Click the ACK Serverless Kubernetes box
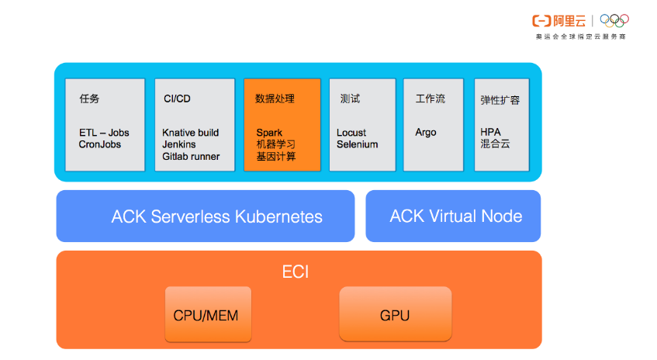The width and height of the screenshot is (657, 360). click(206, 216)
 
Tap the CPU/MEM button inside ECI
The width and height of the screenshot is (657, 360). click(208, 315)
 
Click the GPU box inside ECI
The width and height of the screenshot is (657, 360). click(395, 315)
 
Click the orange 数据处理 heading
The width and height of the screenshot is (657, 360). click(275, 99)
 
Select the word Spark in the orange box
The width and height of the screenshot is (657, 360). click(269, 133)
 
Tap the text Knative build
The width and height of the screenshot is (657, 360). click(190, 133)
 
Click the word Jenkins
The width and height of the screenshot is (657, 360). click(179, 144)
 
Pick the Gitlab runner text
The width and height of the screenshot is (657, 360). click(191, 156)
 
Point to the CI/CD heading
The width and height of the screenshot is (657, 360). click(177, 99)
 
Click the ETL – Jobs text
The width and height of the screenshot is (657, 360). click(104, 133)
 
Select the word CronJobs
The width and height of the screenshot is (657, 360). click(99, 144)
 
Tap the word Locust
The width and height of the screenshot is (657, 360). click(351, 133)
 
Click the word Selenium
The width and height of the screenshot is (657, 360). click(357, 144)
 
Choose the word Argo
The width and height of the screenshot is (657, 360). click(426, 133)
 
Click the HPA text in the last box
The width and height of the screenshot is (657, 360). click(491, 133)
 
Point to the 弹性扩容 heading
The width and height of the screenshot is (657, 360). click(500, 100)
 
